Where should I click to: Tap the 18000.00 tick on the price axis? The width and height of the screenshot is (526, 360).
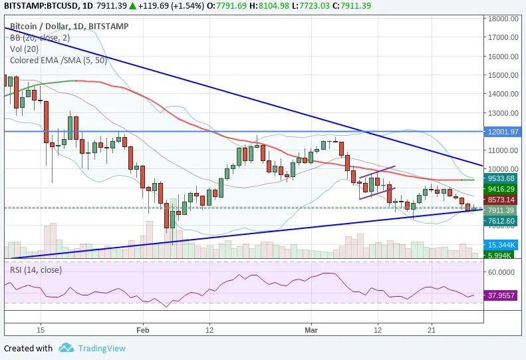[503, 19]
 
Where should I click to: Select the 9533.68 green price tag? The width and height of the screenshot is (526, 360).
[501, 178]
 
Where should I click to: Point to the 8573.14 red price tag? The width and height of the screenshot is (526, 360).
[501, 200]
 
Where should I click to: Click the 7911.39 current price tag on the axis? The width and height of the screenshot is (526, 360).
[501, 210]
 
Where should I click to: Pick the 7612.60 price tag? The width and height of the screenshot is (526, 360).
[501, 221]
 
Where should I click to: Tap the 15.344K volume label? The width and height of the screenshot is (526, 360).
[501, 245]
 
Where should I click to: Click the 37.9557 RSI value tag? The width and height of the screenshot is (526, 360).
[501, 295]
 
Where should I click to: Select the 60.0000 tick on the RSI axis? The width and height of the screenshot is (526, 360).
[501, 272]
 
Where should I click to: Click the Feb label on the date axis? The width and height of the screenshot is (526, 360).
[143, 330]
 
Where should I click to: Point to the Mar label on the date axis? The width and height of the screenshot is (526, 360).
[311, 330]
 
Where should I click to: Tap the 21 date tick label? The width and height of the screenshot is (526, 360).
[432, 330]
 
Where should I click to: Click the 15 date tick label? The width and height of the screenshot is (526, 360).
[41, 330]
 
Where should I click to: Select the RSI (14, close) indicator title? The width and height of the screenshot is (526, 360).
[36, 270]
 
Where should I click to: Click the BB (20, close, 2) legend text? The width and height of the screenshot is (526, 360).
[40, 38]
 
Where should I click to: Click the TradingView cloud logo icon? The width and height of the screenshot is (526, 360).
[66, 348]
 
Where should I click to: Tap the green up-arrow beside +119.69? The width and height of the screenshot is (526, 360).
[133, 6]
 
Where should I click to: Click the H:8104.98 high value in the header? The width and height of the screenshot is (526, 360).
[269, 6]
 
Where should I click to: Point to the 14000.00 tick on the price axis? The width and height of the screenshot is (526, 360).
[503, 94]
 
